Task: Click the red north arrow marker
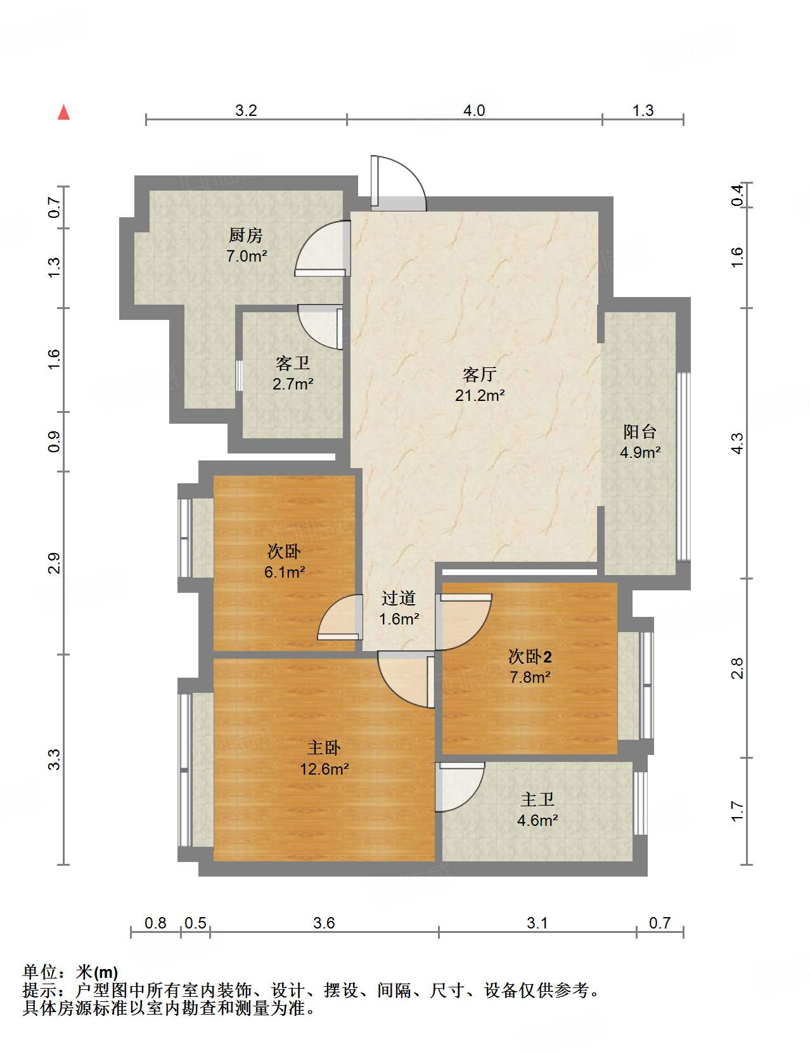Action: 63,113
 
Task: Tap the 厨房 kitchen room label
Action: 246,236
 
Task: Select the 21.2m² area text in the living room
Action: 480,396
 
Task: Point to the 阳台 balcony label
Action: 640,432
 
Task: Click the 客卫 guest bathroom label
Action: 293,364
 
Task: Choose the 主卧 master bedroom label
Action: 325,748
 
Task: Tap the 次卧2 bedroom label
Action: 530,657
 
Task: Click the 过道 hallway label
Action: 399,598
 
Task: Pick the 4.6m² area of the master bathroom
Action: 537,821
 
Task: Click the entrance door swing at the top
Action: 398,183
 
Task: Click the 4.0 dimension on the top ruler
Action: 474,111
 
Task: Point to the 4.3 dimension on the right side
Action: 737,443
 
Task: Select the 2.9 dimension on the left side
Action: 55,563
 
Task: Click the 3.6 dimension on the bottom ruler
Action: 324,923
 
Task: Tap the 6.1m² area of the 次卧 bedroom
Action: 285,573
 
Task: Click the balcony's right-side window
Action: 683,467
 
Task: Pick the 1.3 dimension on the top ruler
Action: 643,111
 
